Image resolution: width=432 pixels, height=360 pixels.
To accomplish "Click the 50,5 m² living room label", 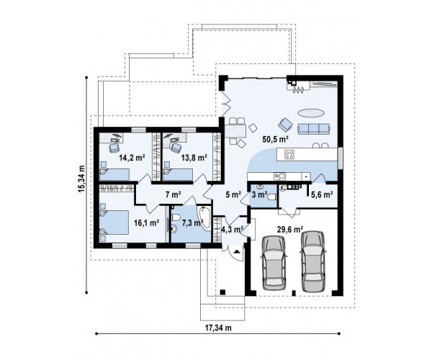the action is (x=275, y=140).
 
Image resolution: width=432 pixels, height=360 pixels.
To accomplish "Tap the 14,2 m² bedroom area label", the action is (x=132, y=158).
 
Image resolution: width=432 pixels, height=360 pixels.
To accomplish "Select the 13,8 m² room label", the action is (x=194, y=158).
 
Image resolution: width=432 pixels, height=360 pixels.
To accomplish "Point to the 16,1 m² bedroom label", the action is (x=147, y=222).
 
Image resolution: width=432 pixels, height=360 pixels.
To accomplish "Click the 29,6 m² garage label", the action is (x=290, y=229).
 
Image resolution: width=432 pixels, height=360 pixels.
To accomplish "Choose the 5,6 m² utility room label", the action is (x=322, y=194).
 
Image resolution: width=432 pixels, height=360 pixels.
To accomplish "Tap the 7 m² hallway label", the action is (x=173, y=194).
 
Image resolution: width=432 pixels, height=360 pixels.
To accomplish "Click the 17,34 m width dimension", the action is (x=218, y=328).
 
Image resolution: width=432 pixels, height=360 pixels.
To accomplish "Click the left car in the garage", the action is (x=274, y=263).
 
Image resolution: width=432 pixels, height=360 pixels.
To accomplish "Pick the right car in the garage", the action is (x=312, y=261).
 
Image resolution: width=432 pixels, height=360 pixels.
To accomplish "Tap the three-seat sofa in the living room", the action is (x=313, y=129).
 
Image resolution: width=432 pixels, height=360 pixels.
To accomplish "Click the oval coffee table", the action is (x=311, y=112).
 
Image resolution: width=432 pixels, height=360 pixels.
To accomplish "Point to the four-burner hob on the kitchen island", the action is (x=290, y=154).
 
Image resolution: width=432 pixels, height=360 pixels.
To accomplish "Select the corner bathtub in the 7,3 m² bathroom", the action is (x=204, y=217).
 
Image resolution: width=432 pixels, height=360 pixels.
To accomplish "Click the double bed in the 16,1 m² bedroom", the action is (x=114, y=222).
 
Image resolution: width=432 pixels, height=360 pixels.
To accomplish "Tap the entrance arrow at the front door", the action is (x=237, y=251).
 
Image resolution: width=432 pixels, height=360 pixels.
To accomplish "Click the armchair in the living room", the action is (x=285, y=125).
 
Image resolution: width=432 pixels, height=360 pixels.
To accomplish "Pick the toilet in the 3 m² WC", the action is (x=271, y=197).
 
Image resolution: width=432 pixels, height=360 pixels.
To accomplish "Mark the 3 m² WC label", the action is (x=259, y=194).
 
